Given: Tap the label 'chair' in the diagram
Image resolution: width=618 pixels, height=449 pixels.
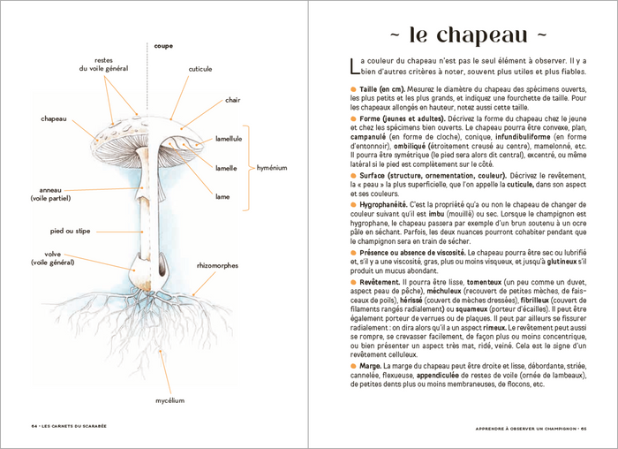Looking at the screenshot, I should point(233,100).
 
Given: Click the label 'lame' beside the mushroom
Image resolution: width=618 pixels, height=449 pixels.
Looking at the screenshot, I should point(222,196).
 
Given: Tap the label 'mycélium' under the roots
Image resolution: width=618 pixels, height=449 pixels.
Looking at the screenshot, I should point(170,400).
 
